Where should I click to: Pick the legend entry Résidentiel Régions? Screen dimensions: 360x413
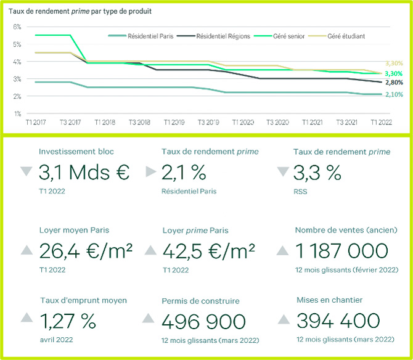point(224,36)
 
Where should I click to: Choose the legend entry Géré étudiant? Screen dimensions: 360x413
point(346,36)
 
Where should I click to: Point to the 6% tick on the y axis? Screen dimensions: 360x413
point(17,27)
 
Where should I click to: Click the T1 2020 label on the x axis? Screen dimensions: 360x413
point(243,123)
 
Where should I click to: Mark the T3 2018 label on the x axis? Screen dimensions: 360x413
point(139,123)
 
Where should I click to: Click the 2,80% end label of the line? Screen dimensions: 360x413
point(394,82)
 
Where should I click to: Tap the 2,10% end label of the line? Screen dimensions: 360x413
point(394,94)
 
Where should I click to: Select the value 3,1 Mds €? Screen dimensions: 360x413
point(84,173)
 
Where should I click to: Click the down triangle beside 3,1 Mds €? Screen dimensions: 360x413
point(26,172)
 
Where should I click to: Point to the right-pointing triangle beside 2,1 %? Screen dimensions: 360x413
point(150,172)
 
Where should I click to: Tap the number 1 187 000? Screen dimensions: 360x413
point(342,251)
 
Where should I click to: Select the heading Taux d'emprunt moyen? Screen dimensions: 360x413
point(83,300)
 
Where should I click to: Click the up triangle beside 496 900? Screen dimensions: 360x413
point(149,319)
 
